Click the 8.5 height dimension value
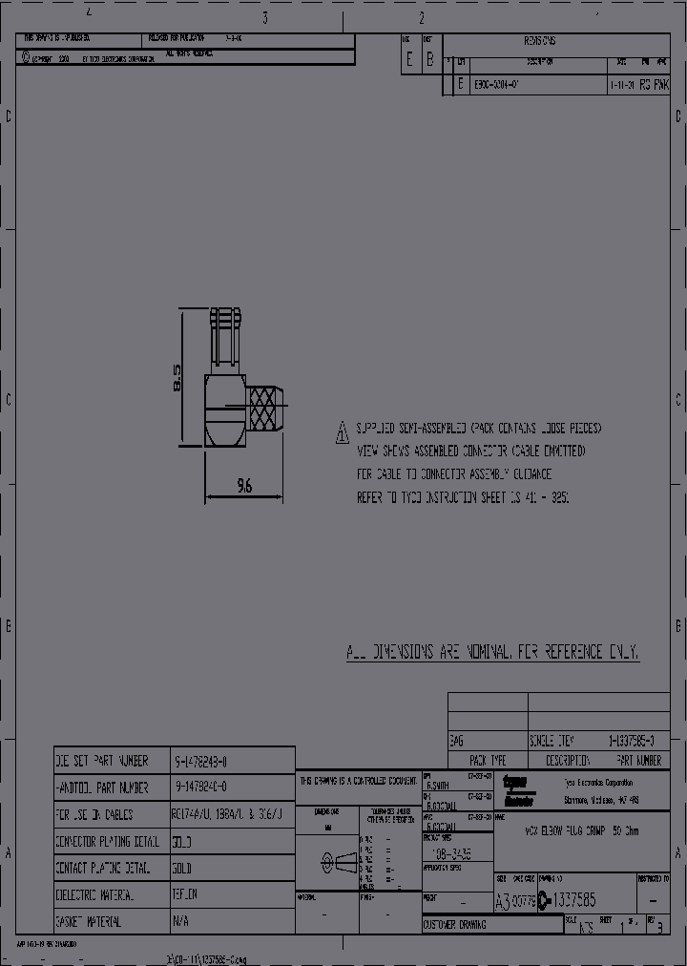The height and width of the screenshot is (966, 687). [x=176, y=377]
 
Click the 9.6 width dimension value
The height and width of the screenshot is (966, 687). [x=243, y=486]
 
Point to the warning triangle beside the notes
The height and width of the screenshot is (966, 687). [x=342, y=434]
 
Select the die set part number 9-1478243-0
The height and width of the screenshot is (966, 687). [x=201, y=762]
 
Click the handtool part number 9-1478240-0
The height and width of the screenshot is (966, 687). [x=201, y=788]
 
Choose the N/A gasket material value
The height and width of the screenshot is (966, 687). [x=180, y=923]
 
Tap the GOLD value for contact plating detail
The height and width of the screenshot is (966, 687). [x=182, y=870]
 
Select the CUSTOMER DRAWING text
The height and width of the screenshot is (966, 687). [x=454, y=925]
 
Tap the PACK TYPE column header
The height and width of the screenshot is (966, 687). [x=488, y=761]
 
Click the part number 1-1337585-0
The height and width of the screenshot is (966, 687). [x=633, y=741]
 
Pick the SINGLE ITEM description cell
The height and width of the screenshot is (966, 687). [x=552, y=741]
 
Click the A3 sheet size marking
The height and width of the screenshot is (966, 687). [x=502, y=900]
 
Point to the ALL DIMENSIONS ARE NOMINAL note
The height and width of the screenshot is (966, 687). [x=492, y=653]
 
